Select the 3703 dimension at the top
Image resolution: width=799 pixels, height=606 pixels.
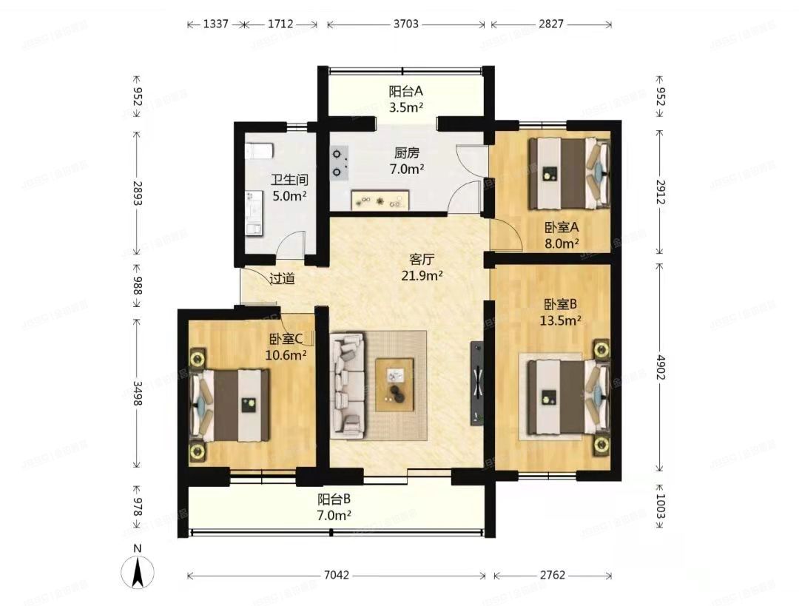point(405,24)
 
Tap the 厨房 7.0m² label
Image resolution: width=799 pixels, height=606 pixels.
point(406,161)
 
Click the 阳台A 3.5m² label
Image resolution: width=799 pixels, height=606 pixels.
point(406,98)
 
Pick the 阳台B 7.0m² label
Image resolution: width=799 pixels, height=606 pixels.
point(334,506)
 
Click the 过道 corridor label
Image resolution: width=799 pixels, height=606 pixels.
point(282,279)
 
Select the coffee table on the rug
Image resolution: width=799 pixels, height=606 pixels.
point(394,384)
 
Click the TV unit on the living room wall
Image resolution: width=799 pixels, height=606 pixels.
point(477,383)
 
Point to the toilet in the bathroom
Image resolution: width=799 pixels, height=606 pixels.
point(258,150)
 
